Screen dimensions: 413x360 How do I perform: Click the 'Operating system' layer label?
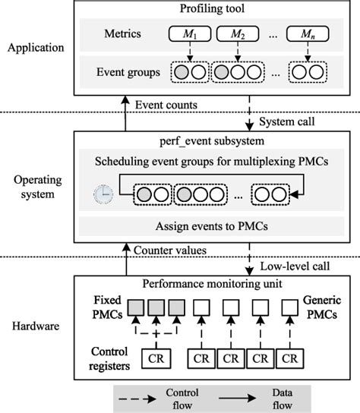[33, 188]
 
